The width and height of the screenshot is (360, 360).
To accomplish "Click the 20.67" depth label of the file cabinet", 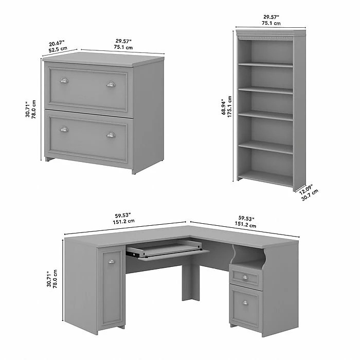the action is click(57, 43).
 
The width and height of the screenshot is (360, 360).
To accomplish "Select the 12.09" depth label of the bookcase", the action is click(306, 190).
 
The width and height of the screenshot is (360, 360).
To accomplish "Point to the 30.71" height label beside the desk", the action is click(49, 279).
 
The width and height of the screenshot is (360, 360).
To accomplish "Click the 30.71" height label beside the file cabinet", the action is click(28, 109).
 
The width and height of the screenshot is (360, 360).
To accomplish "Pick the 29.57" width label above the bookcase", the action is click(271, 17).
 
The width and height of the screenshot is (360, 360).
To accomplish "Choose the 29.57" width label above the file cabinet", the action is click(123, 41).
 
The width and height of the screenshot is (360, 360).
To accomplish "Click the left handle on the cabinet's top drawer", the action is click(64, 81).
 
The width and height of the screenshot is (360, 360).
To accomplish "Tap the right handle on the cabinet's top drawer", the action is click(111, 84).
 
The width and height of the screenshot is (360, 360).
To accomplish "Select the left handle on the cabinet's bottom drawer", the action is click(64, 129).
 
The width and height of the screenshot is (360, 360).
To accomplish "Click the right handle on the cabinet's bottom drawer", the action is click(111, 135).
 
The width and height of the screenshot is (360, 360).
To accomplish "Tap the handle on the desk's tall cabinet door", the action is click(112, 261).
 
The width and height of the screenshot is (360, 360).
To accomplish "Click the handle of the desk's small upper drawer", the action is click(245, 278).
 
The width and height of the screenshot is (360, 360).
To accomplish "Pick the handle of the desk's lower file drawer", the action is click(245, 303).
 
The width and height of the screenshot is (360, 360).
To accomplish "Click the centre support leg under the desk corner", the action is click(191, 282).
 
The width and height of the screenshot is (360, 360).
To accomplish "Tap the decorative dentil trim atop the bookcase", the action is click(266, 37).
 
